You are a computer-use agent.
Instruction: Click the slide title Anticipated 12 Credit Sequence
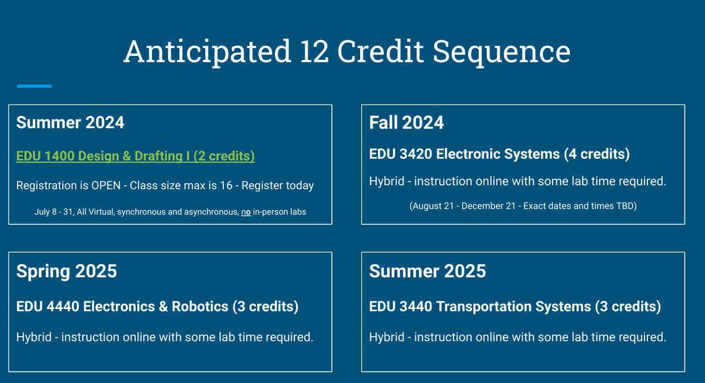(x=347, y=52)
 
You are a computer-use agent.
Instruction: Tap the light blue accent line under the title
(x=34, y=86)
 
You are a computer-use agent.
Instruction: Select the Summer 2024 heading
(x=70, y=122)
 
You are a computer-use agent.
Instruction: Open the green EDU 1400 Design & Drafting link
(x=135, y=156)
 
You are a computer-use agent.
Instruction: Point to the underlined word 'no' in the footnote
(x=246, y=211)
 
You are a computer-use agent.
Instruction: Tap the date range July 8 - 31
(x=55, y=211)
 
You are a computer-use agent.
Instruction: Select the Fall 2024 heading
(x=406, y=122)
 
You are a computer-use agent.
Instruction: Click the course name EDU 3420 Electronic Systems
(x=464, y=154)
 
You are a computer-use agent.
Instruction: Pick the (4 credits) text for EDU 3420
(x=596, y=154)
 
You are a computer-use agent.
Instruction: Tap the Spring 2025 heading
(x=66, y=271)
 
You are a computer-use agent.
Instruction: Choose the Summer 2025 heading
(x=427, y=271)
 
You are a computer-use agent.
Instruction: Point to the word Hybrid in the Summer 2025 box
(x=387, y=337)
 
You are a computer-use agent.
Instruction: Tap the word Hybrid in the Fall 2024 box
(x=387, y=181)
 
